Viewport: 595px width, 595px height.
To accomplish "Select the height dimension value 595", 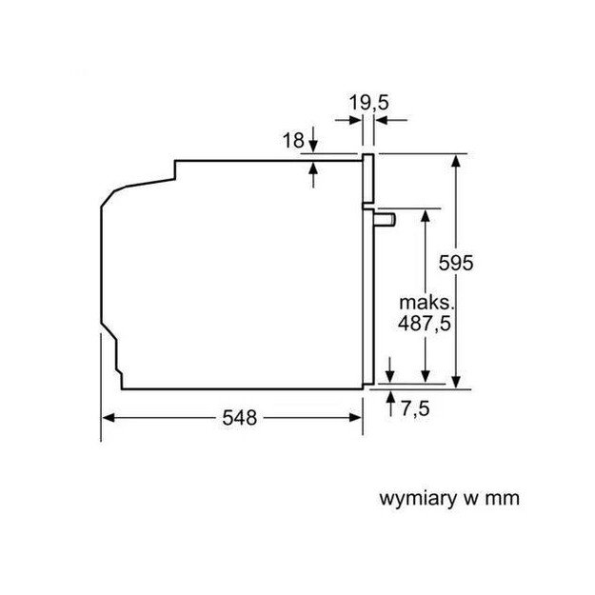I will [456, 264].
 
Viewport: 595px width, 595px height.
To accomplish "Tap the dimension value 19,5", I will [368, 101].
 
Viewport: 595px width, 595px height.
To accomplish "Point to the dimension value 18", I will [293, 141].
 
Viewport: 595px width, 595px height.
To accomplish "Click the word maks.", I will [425, 302].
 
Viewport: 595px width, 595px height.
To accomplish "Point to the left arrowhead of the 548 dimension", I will [108, 417].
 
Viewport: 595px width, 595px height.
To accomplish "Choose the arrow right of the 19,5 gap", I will [384, 120].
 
